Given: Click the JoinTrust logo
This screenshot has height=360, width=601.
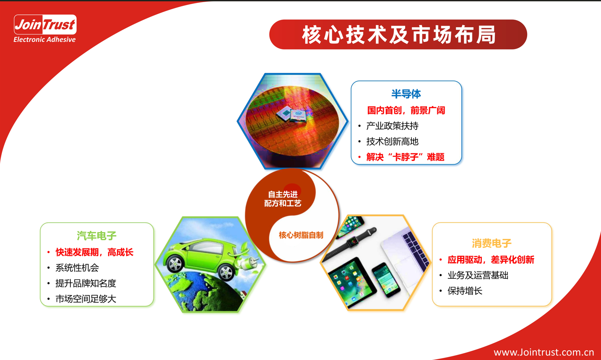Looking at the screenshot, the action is (45, 28).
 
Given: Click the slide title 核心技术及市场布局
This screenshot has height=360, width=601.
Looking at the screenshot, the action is (398, 35).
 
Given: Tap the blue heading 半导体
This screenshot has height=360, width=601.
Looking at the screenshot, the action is (406, 94).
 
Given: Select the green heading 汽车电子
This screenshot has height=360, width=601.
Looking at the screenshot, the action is (96, 236).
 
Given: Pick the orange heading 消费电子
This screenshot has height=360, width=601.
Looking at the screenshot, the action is (492, 243).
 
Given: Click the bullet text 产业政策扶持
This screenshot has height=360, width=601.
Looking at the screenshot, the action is (392, 126).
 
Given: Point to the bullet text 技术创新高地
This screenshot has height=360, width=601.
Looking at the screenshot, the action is (392, 141).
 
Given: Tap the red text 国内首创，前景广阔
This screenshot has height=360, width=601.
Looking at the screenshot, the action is (406, 110).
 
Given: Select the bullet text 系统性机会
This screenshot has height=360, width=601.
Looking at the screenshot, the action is (77, 267).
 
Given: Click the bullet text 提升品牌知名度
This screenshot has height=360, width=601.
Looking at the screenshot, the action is (86, 283).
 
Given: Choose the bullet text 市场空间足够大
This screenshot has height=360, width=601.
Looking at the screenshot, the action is (86, 299).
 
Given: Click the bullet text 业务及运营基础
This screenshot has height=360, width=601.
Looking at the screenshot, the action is (478, 275).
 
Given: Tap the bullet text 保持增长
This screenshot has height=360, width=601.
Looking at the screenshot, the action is (465, 291).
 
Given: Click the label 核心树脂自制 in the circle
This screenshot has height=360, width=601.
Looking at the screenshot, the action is (301, 235).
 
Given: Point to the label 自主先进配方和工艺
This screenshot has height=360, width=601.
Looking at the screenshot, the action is (283, 199).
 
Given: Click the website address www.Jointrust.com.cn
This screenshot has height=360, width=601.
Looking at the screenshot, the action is (544, 352).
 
